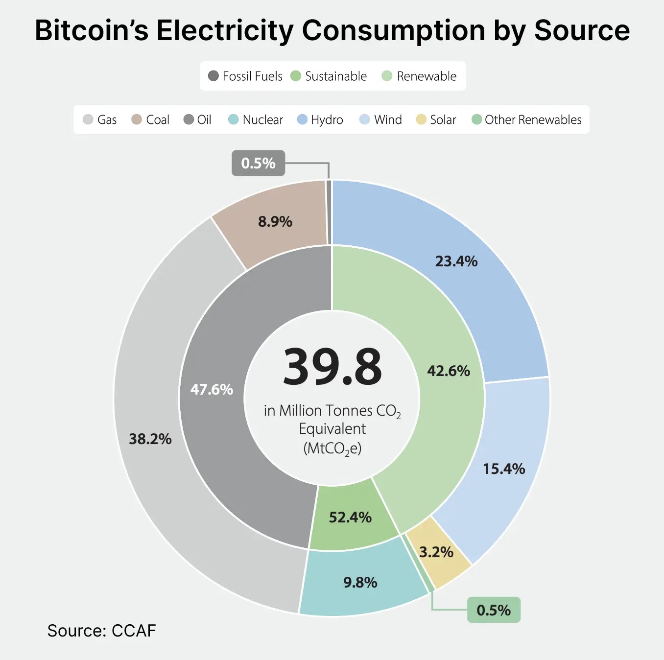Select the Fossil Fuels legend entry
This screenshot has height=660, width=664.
245,76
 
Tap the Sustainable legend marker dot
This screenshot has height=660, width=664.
295,76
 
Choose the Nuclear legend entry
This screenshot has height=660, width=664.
256,119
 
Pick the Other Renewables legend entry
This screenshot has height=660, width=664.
527,119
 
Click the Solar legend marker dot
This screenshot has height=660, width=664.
421,119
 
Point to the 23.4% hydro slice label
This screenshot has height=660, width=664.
456,261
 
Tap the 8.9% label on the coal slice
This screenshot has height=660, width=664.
275,222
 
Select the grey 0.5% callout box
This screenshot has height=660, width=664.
258,163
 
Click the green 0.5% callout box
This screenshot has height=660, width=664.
494,610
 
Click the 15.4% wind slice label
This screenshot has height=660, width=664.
504,469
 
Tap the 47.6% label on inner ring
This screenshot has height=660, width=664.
212,389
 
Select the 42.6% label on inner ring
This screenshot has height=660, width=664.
449,371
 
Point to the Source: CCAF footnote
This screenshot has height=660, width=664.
101,631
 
